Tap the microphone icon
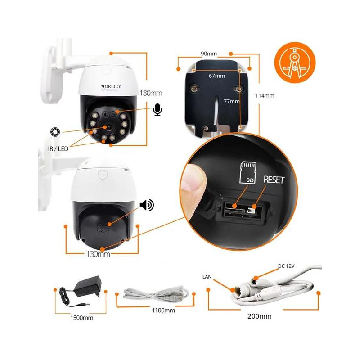coord(157,109)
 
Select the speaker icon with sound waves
coord(147,206)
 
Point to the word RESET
coord(274,180)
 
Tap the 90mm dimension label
coord(209,54)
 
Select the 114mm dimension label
coord(265,95)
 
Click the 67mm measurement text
coord(216,76)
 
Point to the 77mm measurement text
coord(231,102)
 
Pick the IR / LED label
coord(59,148)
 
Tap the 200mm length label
coord(260,316)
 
